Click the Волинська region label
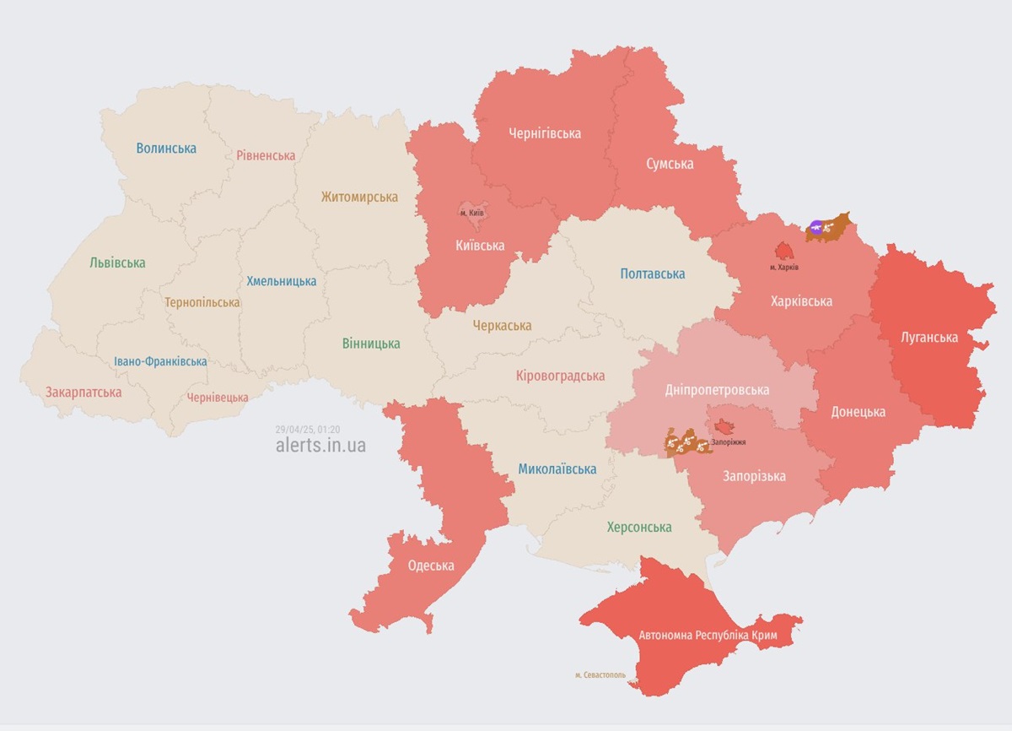tap(166, 149)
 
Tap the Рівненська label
tap(266, 155)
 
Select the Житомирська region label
tap(359, 197)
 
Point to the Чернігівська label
tap(545, 133)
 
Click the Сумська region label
tap(670, 164)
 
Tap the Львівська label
tap(117, 262)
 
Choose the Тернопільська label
tap(202, 302)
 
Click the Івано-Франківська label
tap(160, 361)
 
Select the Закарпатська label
tap(83, 393)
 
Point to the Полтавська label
tap(652, 273)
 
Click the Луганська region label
tap(929, 338)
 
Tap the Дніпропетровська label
tap(717, 390)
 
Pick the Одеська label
tap(431, 566)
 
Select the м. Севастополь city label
tap(600, 675)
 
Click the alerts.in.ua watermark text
tap(320, 446)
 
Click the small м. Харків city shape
tap(784, 252)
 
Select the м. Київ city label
tap(471, 212)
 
